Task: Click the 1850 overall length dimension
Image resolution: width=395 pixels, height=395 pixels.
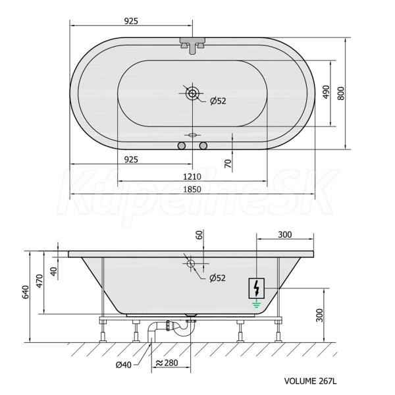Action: point(192,189)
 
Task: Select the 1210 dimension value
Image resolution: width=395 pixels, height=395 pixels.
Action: point(192,176)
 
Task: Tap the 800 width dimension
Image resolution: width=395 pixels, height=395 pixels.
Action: point(340,93)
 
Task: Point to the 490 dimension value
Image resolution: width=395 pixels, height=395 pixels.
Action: point(326,92)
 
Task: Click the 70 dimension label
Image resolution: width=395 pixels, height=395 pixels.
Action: point(228,164)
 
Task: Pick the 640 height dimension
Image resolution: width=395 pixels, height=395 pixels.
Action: point(26,292)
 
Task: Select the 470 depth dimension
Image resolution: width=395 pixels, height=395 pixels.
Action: point(39,281)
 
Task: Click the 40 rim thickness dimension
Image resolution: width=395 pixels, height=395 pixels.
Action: point(54,271)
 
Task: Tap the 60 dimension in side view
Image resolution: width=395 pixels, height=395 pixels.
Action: point(199,235)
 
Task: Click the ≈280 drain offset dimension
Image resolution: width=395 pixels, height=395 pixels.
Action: point(167,363)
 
